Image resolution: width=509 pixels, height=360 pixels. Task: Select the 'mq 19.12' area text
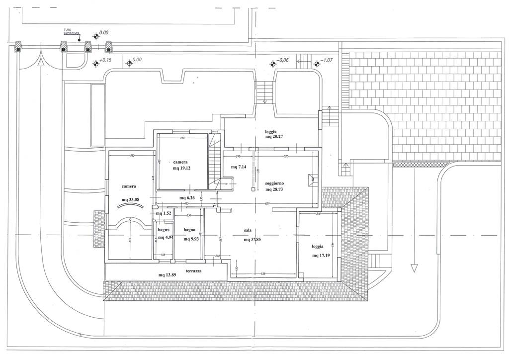[x=182, y=168]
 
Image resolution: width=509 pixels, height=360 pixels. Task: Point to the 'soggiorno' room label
[x=275, y=182]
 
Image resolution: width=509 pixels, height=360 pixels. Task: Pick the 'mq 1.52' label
[x=164, y=214]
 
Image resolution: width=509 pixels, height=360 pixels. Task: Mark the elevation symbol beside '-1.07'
[x=316, y=63]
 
